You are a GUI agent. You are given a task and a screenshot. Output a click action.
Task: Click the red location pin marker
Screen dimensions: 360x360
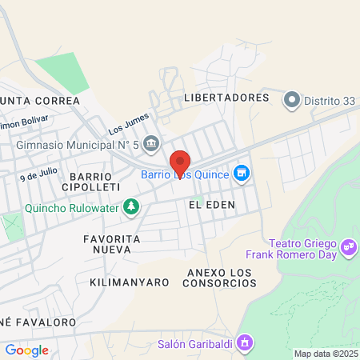[x=180, y=162]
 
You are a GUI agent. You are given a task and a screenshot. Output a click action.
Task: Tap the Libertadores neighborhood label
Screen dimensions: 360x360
[x=226, y=98]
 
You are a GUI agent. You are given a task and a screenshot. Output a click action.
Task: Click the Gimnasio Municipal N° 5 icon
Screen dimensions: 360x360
[x=153, y=145]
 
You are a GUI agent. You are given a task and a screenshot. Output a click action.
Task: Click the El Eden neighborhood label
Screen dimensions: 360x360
[x=212, y=205]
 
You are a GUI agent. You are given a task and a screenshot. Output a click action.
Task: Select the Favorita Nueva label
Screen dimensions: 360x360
[x=112, y=246]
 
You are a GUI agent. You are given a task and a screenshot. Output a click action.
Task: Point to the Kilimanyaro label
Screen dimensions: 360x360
[x=130, y=282]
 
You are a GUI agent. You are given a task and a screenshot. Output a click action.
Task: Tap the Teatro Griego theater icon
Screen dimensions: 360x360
[x=348, y=247]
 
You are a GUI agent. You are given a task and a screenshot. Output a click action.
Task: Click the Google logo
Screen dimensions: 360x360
[x=26, y=350]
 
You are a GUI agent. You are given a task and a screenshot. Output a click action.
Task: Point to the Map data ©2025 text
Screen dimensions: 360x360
[x=326, y=354]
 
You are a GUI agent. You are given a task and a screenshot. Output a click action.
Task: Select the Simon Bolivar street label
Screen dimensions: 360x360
[x=24, y=123]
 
